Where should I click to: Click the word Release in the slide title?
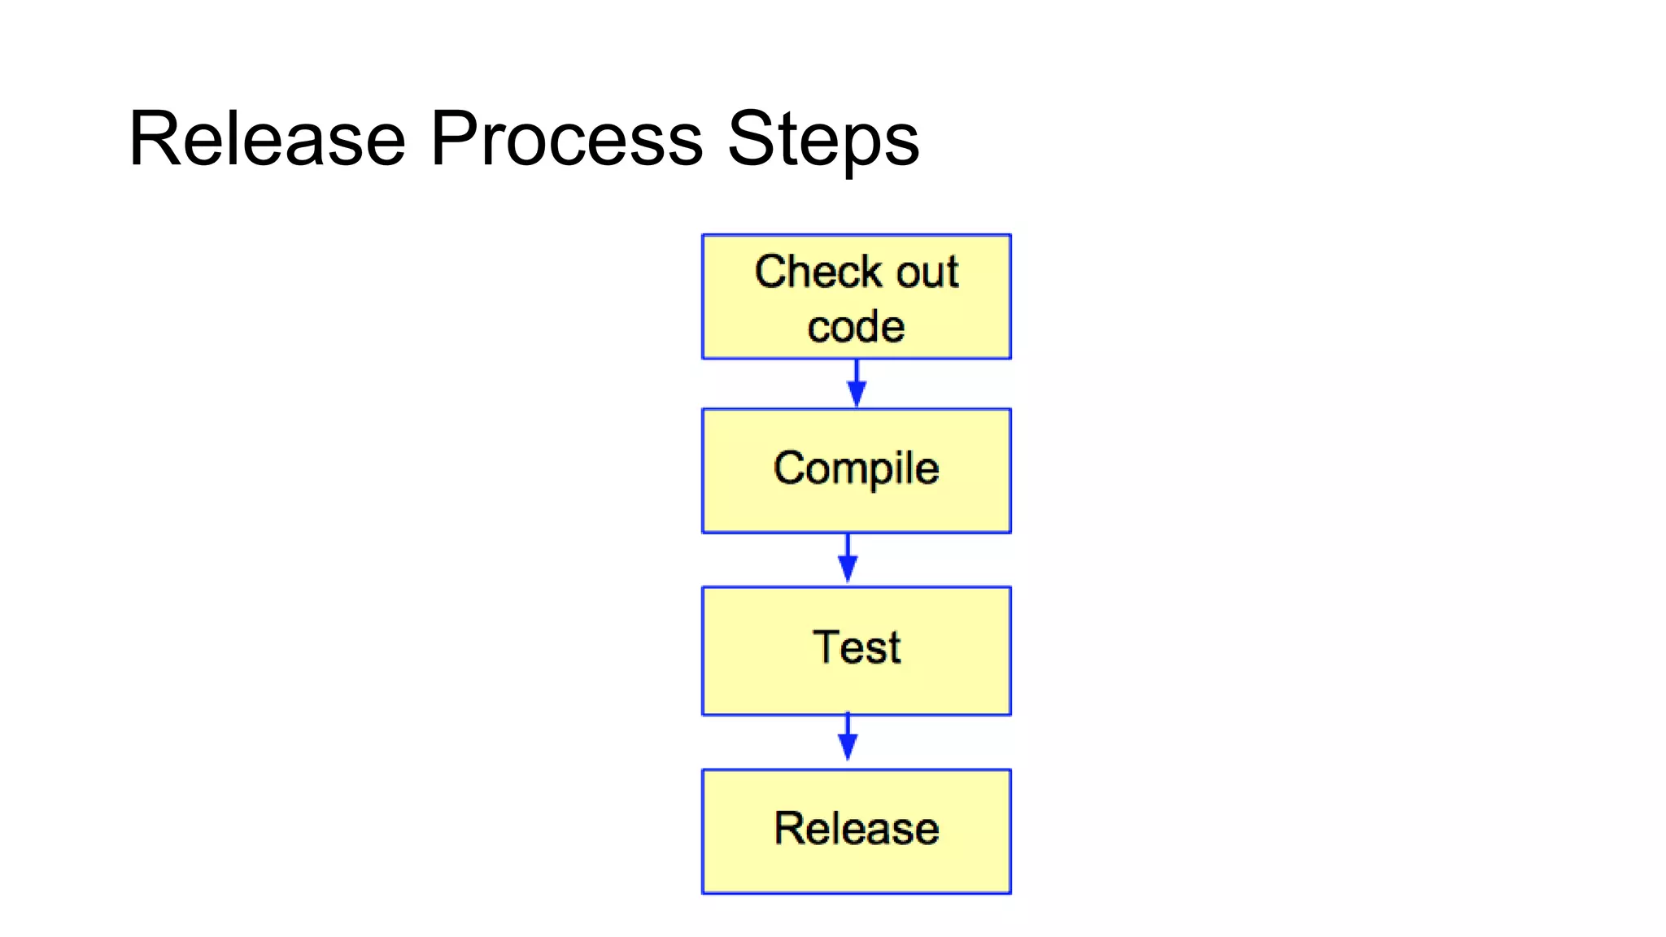pos(267,140)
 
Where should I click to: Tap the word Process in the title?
pos(566,140)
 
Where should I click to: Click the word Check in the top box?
pos(818,272)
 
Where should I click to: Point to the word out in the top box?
pos(927,273)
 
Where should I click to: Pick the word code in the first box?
pos(856,327)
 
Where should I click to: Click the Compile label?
pos(856,469)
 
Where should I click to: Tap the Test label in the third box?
pos(856,647)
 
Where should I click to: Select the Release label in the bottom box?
pos(856,829)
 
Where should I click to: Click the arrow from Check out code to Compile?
pos(856,384)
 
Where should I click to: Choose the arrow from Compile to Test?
pos(848,560)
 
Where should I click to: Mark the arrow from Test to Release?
pos(848,739)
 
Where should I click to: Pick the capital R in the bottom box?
pos(790,829)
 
